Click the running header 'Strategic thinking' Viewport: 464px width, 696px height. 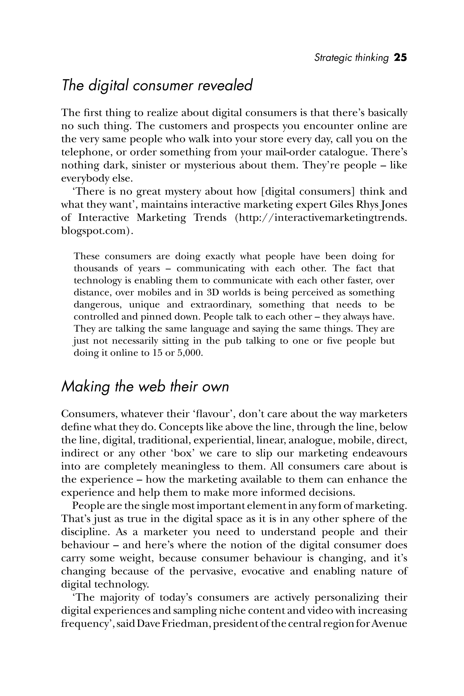[x=351, y=58]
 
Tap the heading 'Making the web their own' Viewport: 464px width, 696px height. [x=145, y=387]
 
